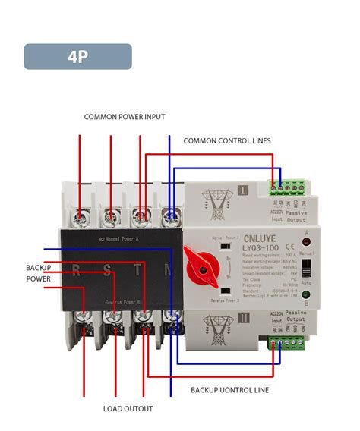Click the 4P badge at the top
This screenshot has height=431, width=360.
coord(77,57)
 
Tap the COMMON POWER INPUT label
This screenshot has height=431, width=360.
coord(125,117)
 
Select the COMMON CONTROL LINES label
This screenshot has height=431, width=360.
coord(226,140)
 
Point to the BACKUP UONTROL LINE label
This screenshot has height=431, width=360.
coord(229,389)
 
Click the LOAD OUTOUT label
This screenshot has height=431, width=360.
coord(128,409)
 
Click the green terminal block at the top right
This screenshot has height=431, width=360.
coord(287,185)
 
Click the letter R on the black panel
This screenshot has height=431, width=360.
coord(77,268)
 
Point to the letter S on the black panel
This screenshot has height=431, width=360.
coord(108,268)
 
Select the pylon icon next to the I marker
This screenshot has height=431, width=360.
coord(216,201)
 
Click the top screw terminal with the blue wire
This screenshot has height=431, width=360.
coord(172,216)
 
